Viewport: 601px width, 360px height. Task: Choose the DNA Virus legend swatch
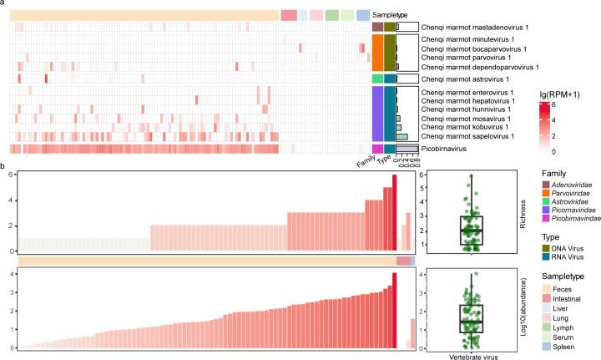click(x=525, y=255)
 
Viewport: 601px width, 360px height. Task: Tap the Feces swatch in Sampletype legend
click(x=525, y=298)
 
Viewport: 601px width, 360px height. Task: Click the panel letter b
click(x=3, y=165)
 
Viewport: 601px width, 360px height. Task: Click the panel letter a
click(x=3, y=4)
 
